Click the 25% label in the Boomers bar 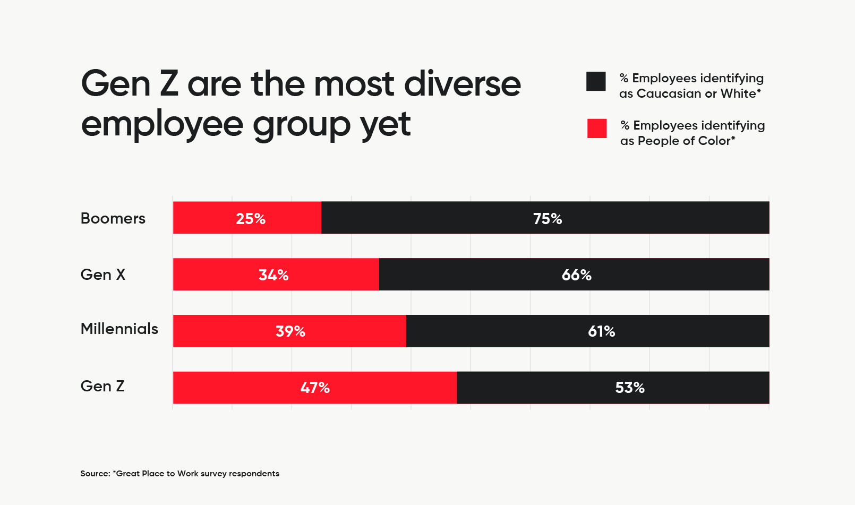point(251,218)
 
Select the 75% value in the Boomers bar point(548,218)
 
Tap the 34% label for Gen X point(273,275)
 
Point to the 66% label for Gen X point(576,275)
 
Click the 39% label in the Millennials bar point(290,331)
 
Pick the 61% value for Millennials point(601,331)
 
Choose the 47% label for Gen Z point(315,388)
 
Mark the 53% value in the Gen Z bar point(630,388)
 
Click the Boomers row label point(113,218)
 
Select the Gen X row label point(103,275)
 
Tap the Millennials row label point(119,329)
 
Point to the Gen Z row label point(102,386)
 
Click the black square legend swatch point(596,81)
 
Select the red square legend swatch point(597,129)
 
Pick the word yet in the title point(385,125)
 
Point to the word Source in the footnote point(95,474)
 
